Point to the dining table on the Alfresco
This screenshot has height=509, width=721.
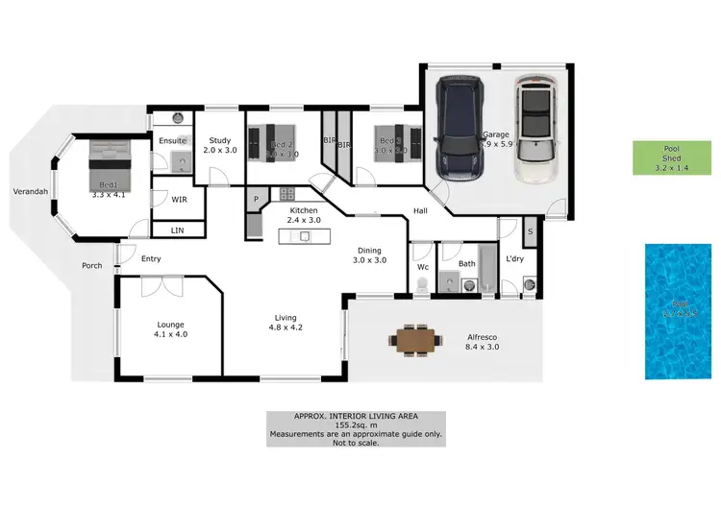click(415, 340)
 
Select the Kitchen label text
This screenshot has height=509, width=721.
click(304, 209)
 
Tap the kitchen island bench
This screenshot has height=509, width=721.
click(304, 234)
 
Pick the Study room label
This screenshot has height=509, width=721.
click(219, 140)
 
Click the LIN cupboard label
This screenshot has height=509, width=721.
click(177, 230)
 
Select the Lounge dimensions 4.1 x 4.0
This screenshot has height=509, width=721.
click(171, 335)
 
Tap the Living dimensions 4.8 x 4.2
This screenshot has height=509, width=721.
click(285, 327)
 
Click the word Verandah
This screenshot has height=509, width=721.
click(30, 191)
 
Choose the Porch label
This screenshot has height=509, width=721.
click(91, 266)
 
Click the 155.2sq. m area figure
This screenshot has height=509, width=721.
click(355, 425)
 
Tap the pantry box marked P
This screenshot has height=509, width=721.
click(257, 200)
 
